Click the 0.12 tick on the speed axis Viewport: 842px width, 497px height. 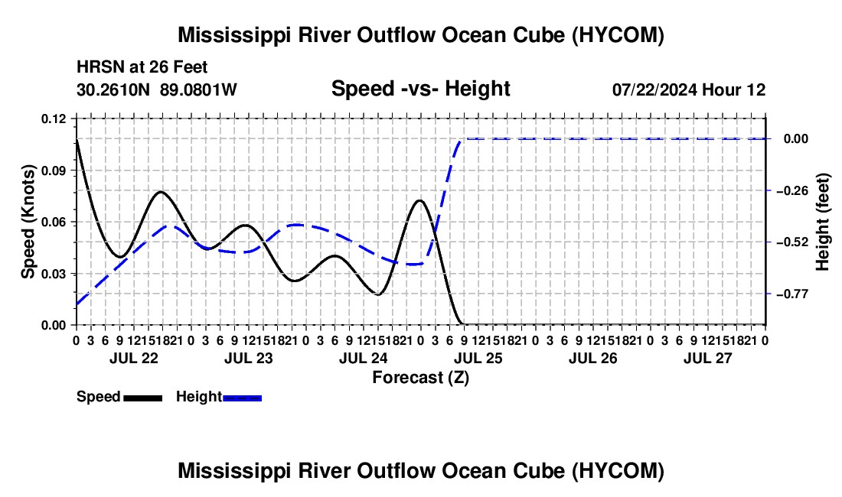tap(53, 119)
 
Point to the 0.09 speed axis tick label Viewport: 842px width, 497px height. tap(53, 171)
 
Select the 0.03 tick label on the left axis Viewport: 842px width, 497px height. tap(53, 274)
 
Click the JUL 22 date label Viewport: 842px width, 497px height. tap(134, 358)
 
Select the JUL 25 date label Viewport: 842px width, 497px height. tap(478, 358)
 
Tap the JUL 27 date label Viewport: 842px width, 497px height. tap(708, 358)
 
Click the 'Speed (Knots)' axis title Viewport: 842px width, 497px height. tap(28, 222)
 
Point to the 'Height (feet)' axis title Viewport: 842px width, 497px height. tap(823, 222)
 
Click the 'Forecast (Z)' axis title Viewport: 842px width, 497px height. tap(420, 378)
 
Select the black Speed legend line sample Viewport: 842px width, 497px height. tap(143, 398)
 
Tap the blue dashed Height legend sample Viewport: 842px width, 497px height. tap(242, 398)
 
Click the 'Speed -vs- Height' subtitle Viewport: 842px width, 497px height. tap(420, 89)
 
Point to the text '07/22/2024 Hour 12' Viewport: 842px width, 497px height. tap(689, 89)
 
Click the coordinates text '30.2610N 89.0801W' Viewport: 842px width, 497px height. tap(156, 89)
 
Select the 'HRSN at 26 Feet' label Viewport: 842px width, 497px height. tap(142, 67)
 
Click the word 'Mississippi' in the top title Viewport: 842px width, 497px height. tap(230, 35)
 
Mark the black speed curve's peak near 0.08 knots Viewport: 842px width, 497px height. tap(160, 191)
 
